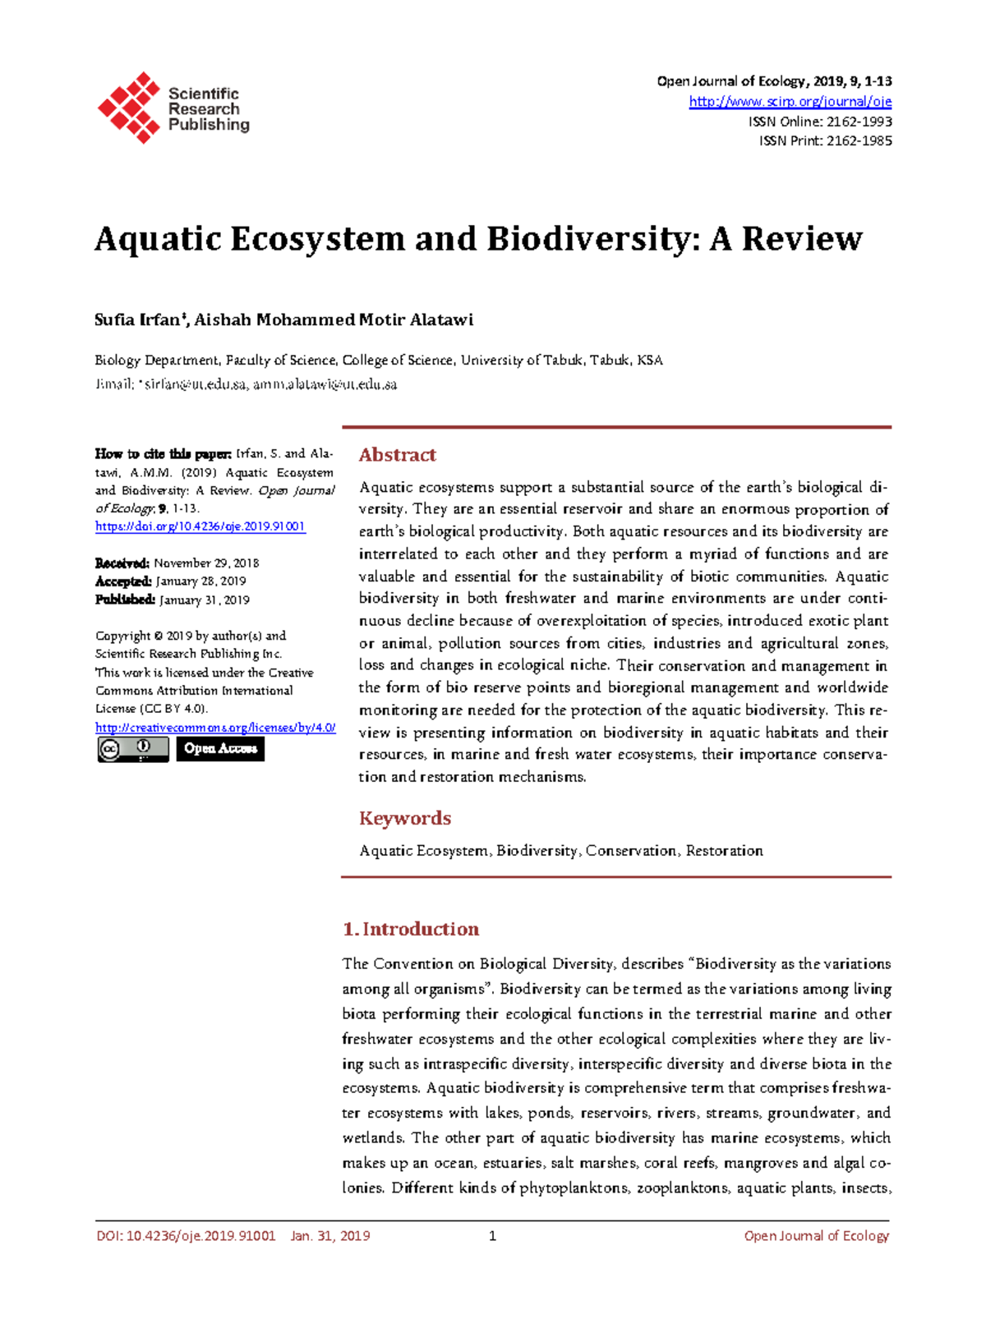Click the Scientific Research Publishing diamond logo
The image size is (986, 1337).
click(x=129, y=108)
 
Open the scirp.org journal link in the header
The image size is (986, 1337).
click(x=790, y=102)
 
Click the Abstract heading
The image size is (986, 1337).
click(x=397, y=455)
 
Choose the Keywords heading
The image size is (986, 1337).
click(x=405, y=818)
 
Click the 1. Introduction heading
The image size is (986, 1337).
click(x=410, y=929)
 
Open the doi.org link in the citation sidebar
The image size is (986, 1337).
click(x=200, y=526)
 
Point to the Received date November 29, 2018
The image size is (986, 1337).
click(x=206, y=563)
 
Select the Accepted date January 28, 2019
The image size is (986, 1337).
click(x=200, y=581)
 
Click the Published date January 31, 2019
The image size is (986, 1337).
click(x=204, y=600)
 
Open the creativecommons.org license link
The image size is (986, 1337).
click(x=215, y=728)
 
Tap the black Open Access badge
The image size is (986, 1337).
click(x=220, y=748)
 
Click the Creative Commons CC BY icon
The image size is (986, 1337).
click(x=133, y=748)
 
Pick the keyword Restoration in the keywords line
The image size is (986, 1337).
click(x=724, y=851)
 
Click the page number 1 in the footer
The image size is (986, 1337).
click(x=492, y=1236)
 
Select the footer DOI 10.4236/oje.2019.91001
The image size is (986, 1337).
click(x=200, y=1236)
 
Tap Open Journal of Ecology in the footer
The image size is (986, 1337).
click(x=816, y=1236)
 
